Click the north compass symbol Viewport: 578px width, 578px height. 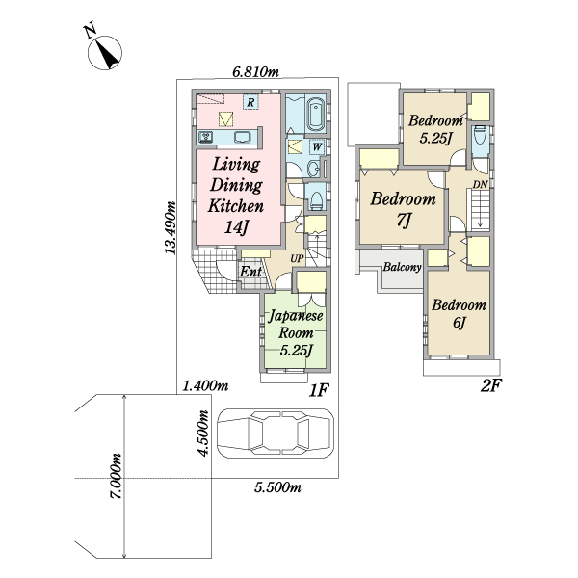click(105, 52)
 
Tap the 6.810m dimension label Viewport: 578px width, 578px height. click(255, 72)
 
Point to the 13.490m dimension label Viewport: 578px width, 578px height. click(170, 227)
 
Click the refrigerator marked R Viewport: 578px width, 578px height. click(250, 102)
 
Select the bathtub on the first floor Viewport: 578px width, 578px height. click(316, 115)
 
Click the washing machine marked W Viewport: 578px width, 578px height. click(317, 147)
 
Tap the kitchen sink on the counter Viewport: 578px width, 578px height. click(242, 138)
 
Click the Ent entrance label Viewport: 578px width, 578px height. click(251, 272)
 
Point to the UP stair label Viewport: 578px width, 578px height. click(297, 259)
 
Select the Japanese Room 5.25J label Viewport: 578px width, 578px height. click(296, 332)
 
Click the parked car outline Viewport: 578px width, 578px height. click(276, 433)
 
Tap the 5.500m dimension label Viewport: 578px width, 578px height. click(277, 487)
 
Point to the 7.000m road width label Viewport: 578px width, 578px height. click(117, 476)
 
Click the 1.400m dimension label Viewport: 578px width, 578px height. click(206, 386)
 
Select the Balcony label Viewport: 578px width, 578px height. click(402, 267)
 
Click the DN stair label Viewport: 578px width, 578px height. click(481, 184)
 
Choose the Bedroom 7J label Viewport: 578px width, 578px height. click(404, 209)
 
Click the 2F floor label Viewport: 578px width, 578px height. click(491, 386)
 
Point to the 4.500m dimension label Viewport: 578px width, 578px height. click(204, 433)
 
